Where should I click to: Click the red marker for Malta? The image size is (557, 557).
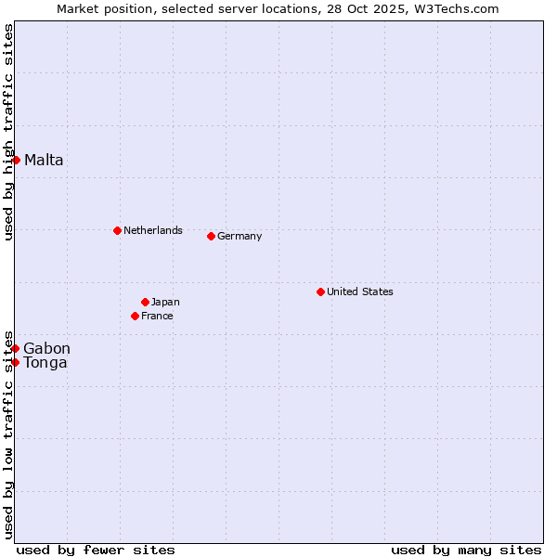16,160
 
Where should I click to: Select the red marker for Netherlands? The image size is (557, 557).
117,230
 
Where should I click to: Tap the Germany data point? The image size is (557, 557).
211,236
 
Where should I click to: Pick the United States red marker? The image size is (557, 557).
320,291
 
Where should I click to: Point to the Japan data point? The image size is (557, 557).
145,302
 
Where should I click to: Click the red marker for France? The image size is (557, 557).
135,316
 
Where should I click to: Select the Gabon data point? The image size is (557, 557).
16,348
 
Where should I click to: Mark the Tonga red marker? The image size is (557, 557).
16,362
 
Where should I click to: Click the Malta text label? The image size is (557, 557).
44,160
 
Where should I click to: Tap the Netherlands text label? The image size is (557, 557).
152,230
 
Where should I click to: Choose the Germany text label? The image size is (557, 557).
240,236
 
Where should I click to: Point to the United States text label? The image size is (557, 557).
359,291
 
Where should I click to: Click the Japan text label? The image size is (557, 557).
165,302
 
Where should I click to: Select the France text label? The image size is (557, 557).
157,316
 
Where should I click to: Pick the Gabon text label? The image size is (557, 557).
46,348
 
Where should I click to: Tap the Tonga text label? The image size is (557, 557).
45,362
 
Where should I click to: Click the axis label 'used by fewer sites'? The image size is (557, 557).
96,550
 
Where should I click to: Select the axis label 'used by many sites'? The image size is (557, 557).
466,550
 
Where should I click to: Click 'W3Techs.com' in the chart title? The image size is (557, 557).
458,8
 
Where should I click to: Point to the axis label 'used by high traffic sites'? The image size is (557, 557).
8,132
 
